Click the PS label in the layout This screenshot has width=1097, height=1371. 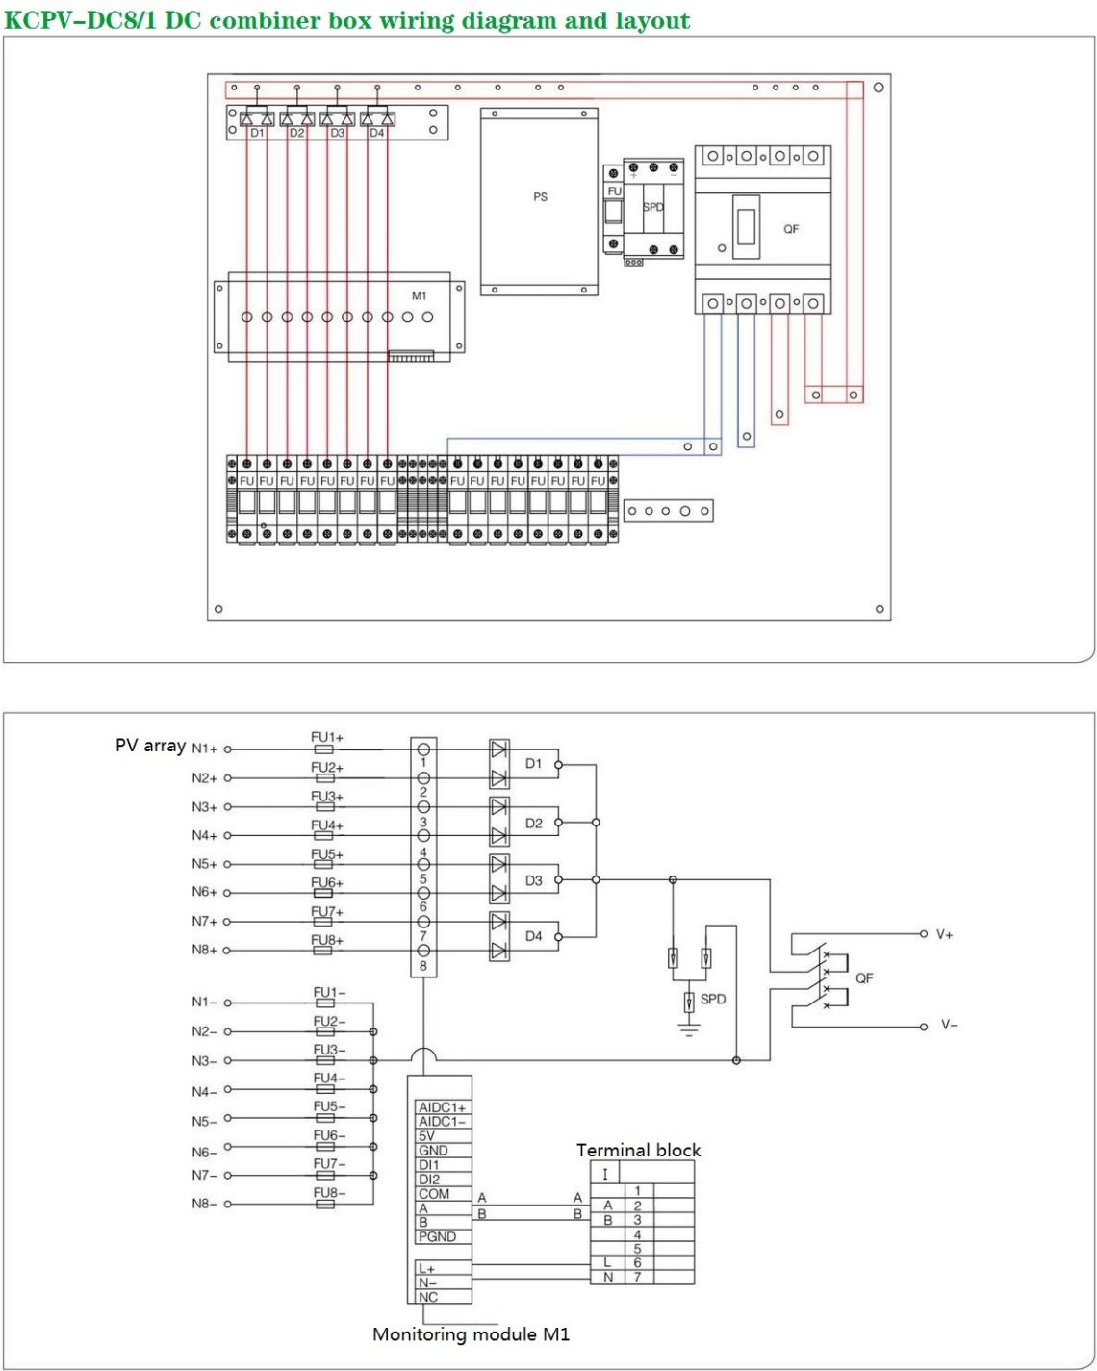click(540, 197)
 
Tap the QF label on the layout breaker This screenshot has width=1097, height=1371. click(791, 229)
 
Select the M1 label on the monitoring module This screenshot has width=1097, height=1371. click(419, 296)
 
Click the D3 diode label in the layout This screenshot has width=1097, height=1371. click(337, 134)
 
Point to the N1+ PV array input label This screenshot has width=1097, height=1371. click(204, 749)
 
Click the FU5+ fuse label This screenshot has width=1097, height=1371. click(326, 854)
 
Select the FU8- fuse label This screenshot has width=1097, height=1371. click(329, 1193)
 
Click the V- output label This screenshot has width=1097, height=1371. click(949, 1025)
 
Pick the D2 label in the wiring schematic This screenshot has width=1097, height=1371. click(534, 824)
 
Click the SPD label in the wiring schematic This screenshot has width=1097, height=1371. click(713, 999)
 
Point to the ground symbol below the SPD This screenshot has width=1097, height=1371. click(689, 1030)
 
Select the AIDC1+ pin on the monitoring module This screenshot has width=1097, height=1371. click(442, 1108)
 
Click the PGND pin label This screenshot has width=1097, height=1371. click(437, 1236)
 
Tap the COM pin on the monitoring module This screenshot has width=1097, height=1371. click(433, 1194)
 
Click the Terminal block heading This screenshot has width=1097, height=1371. click(638, 1151)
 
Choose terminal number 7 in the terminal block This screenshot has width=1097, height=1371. click(637, 1278)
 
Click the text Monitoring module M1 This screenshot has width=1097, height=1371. click(471, 1334)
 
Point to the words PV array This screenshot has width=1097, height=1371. click(150, 746)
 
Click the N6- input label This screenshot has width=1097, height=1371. click(204, 1153)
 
